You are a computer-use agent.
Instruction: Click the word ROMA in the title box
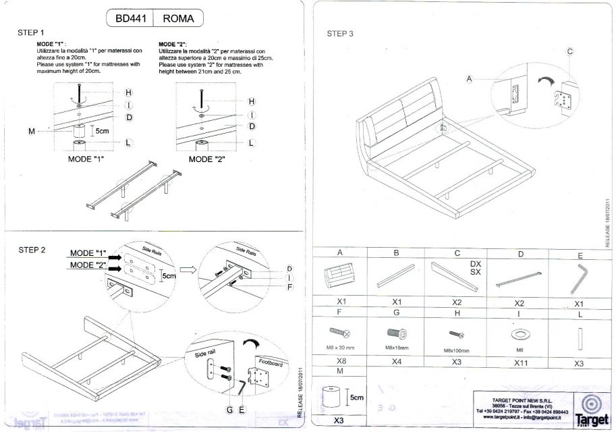click(x=179, y=19)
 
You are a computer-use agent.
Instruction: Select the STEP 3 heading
click(x=340, y=33)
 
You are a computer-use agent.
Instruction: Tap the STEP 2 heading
click(x=32, y=250)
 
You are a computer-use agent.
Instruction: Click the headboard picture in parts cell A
click(x=340, y=277)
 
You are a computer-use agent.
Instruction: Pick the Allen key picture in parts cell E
click(x=579, y=277)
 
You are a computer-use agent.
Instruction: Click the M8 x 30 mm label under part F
click(x=340, y=348)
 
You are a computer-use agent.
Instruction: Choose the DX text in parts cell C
click(x=476, y=263)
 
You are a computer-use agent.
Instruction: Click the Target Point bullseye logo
click(x=590, y=403)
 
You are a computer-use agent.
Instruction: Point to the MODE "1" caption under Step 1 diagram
click(x=88, y=160)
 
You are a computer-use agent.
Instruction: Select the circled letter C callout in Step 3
click(x=569, y=51)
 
